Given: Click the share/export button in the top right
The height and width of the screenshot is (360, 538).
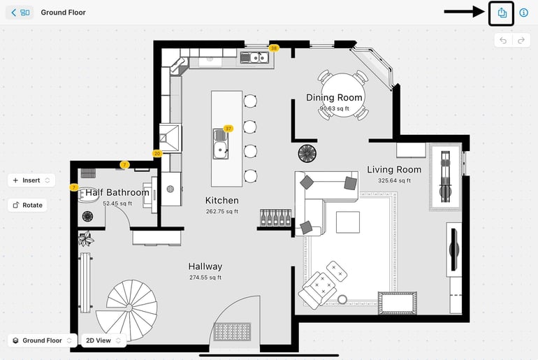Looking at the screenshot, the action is point(502,13).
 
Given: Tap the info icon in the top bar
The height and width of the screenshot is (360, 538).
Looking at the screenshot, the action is point(523,13).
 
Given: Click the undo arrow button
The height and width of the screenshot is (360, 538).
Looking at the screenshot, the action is point(503,41).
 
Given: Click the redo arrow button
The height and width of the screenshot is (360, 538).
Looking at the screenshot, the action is point(521,41).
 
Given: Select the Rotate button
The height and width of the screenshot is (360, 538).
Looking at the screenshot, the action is point(27,206).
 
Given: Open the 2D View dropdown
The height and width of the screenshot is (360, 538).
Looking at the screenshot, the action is point(103,340).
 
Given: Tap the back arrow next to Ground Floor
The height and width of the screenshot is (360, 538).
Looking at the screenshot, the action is point(14,13).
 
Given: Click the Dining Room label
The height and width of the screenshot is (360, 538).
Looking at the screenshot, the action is point(334,98).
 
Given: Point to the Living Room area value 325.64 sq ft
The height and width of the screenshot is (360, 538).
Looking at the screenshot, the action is point(394,180).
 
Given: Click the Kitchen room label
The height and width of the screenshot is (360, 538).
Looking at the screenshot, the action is point(222,201).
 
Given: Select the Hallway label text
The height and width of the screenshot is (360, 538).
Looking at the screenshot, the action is point(205,266).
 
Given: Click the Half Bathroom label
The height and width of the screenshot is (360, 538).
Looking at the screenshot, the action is point(117,192).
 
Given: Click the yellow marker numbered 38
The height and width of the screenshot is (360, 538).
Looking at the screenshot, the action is point(274,48).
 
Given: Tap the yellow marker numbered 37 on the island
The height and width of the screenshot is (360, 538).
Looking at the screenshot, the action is point(228,129).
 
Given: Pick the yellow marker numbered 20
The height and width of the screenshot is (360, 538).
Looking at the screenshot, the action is point(157,153).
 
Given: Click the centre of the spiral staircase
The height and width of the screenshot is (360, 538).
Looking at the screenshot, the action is point(129,308).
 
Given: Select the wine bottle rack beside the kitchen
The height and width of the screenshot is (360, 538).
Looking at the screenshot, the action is point(275,218).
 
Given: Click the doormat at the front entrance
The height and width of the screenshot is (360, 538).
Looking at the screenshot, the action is point(232,332).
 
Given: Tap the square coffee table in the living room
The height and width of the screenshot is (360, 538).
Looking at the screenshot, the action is point(348,222).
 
